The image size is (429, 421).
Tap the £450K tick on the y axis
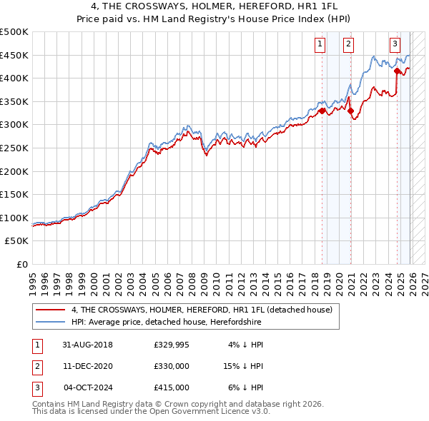14,55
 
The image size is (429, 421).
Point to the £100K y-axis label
14,218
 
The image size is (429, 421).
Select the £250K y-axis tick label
14,148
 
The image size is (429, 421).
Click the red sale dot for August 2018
322,111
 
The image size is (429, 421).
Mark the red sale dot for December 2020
350,111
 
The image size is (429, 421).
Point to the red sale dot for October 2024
396,71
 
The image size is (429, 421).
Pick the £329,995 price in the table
172,345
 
